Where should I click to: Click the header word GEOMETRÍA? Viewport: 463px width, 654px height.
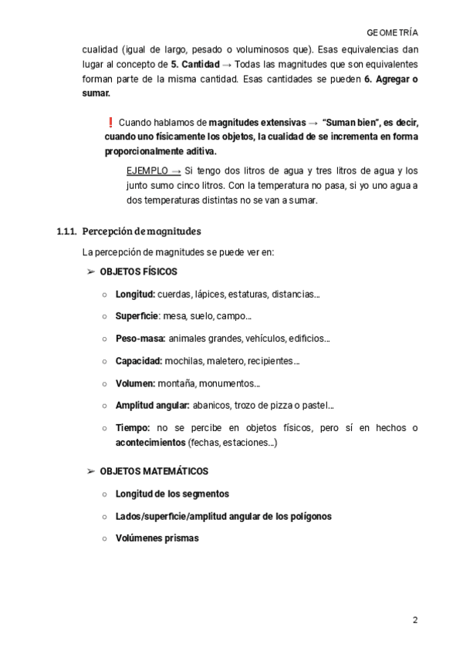pyautogui.click(x=393, y=33)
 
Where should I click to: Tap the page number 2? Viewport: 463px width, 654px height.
pyautogui.click(x=415, y=620)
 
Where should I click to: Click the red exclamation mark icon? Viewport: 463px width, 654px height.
pyautogui.click(x=110, y=122)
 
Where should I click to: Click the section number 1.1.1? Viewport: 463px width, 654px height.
pyautogui.click(x=67, y=231)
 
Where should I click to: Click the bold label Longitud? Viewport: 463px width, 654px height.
pyautogui.click(x=135, y=294)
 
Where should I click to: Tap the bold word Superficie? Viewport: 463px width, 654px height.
pyautogui.click(x=137, y=315)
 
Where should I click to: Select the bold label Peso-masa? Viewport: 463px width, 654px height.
pyautogui.click(x=140, y=338)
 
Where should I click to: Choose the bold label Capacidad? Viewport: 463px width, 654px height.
pyautogui.click(x=138, y=360)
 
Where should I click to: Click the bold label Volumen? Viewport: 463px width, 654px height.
pyautogui.click(x=135, y=383)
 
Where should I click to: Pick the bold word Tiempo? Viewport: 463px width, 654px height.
pyautogui.click(x=133, y=427)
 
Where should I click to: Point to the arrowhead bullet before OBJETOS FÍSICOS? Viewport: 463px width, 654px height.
pyautogui.click(x=91, y=271)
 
